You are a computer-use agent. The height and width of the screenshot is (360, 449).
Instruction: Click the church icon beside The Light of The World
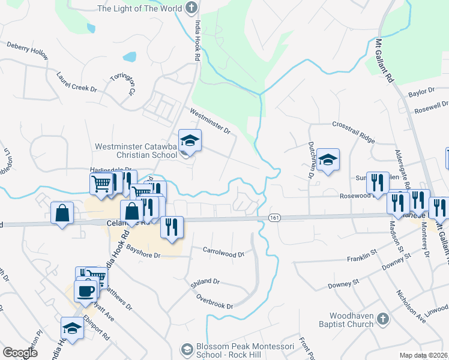tap(191, 8)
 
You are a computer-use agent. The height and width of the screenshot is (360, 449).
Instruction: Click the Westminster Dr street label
tap(210, 121)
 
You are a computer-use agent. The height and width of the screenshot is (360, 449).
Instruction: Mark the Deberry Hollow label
tap(28, 50)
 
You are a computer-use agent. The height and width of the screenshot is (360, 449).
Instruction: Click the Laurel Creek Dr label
tap(76, 82)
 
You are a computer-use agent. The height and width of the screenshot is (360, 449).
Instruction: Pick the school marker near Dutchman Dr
tap(328, 160)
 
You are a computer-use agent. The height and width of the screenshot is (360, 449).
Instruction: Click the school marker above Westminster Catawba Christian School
tap(190, 141)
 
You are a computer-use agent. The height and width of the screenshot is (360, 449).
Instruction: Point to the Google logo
tap(20, 353)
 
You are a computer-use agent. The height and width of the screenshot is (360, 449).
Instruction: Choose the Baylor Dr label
tap(421, 92)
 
